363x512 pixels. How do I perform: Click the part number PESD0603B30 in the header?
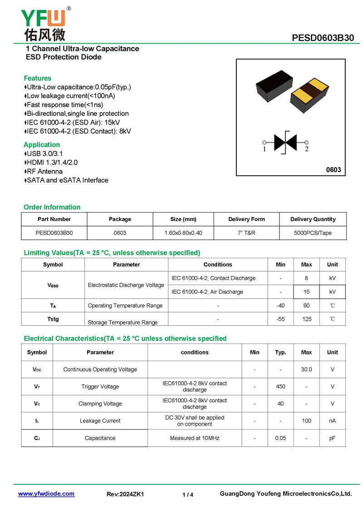click(x=323, y=38)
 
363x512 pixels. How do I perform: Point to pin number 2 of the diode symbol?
click(x=307, y=149)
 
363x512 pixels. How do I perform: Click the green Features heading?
click(x=37, y=78)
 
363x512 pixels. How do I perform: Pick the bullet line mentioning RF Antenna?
click(x=44, y=171)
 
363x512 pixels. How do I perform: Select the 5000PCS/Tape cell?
click(x=313, y=233)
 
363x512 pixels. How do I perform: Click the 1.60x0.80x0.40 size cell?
click(x=183, y=233)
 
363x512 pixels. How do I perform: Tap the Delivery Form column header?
click(x=246, y=219)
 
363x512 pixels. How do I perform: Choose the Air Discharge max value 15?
click(x=307, y=292)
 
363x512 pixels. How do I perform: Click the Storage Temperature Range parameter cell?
click(x=123, y=322)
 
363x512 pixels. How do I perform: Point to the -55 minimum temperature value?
click(x=280, y=319)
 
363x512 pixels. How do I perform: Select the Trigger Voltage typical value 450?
click(x=280, y=386)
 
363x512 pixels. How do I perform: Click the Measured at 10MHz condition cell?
click(x=195, y=438)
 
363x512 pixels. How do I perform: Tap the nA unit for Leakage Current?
click(x=332, y=421)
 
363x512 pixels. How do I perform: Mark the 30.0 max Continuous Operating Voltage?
click(x=306, y=369)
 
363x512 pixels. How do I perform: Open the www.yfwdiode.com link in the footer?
click(x=46, y=494)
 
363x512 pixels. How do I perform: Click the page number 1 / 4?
click(x=188, y=495)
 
